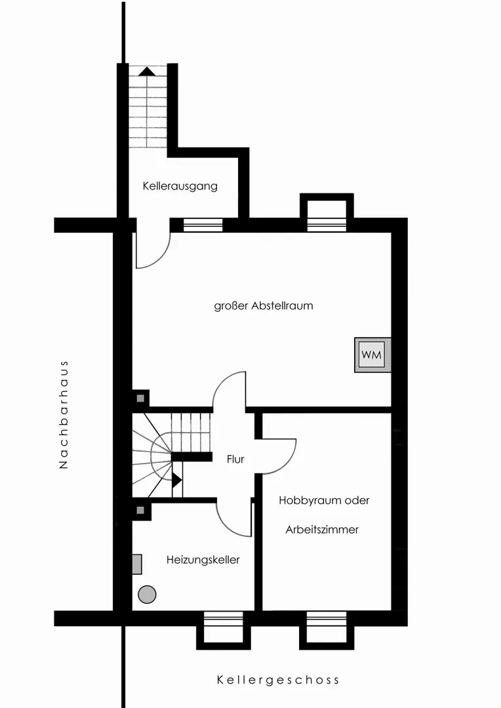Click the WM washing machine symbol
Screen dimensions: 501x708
click(x=372, y=355)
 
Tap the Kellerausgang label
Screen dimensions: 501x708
click(x=180, y=186)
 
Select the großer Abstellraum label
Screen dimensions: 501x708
click(x=264, y=305)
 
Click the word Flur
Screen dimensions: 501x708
click(x=235, y=459)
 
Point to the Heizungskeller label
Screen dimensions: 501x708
click(x=203, y=560)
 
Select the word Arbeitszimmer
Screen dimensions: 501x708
click(x=322, y=530)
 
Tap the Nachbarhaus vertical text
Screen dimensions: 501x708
click(x=64, y=414)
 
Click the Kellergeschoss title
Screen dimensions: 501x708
click(x=278, y=680)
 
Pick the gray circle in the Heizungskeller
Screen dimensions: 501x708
click(x=147, y=594)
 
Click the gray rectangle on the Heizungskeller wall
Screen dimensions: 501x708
click(x=137, y=564)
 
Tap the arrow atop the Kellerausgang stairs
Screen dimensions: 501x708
click(x=147, y=71)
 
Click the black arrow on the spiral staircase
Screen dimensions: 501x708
click(x=177, y=479)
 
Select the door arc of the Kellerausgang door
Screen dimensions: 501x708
click(x=161, y=258)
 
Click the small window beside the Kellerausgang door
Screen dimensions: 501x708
click(x=203, y=225)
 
